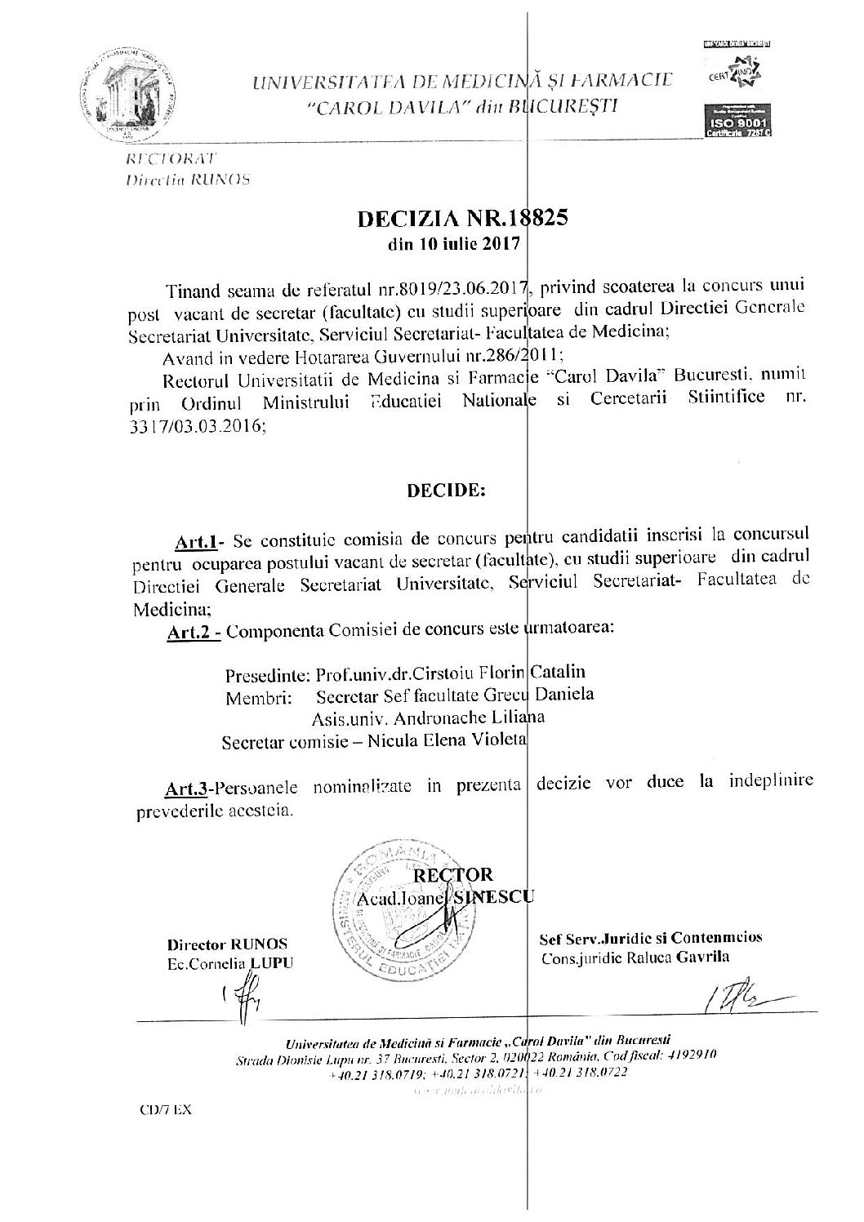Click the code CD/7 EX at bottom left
tap(163, 1111)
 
